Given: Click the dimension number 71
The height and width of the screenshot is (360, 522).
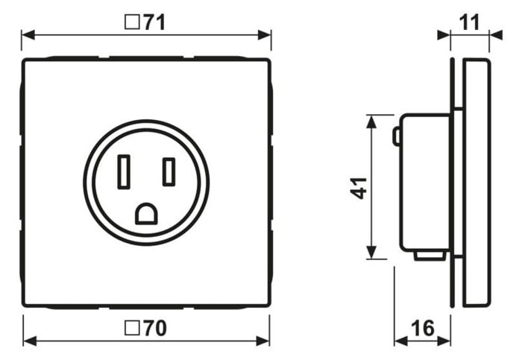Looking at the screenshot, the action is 154,22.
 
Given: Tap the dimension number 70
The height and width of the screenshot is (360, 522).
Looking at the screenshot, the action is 155,328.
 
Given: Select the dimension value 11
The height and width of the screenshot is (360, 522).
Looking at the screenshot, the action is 469,22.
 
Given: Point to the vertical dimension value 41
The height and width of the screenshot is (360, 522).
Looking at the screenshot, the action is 359,189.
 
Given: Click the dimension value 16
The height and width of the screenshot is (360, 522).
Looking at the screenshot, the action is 423,328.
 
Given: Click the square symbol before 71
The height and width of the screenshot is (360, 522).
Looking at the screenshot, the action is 132,22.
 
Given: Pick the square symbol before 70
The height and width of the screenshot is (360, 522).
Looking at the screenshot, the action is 132,328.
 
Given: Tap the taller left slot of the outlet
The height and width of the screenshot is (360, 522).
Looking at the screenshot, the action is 124,171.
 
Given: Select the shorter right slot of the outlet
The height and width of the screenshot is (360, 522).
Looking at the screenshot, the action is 169,171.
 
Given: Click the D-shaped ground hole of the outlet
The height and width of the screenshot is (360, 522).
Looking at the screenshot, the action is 146,214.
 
